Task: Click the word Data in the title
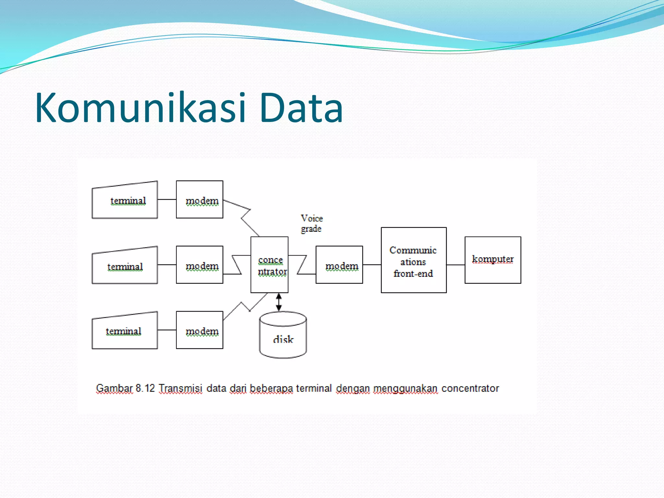[x=301, y=108]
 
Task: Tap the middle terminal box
[x=125, y=266]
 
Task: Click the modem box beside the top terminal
[x=199, y=200]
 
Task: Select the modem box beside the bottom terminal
[x=199, y=330]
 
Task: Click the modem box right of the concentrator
[x=339, y=265]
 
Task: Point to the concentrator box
[x=269, y=265]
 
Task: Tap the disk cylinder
[x=283, y=337]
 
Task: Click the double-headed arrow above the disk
[x=279, y=302]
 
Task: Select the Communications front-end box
[x=413, y=260]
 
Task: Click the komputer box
[x=492, y=260]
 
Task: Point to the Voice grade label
[x=311, y=223]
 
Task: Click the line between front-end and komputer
[x=456, y=265]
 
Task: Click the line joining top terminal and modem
[x=167, y=199]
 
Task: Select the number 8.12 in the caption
[x=145, y=388]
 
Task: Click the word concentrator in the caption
[x=470, y=388]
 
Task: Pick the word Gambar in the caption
[x=114, y=388]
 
